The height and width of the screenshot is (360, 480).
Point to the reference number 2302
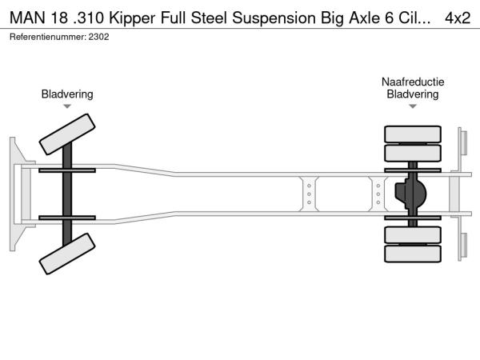point(102,37)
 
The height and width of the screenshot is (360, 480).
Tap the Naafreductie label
point(413,82)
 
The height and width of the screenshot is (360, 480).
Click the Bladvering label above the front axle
point(67,94)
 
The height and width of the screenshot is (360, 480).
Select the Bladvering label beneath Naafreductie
point(413,94)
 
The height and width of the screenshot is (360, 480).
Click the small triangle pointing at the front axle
point(67,106)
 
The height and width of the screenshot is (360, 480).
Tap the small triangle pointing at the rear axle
point(413,106)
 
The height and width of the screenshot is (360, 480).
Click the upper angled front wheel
point(68,133)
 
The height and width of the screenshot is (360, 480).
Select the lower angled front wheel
point(68,257)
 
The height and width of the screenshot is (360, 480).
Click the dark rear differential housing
point(411,194)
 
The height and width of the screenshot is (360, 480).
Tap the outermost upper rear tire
point(413,134)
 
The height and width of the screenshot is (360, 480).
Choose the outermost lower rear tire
point(413,254)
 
